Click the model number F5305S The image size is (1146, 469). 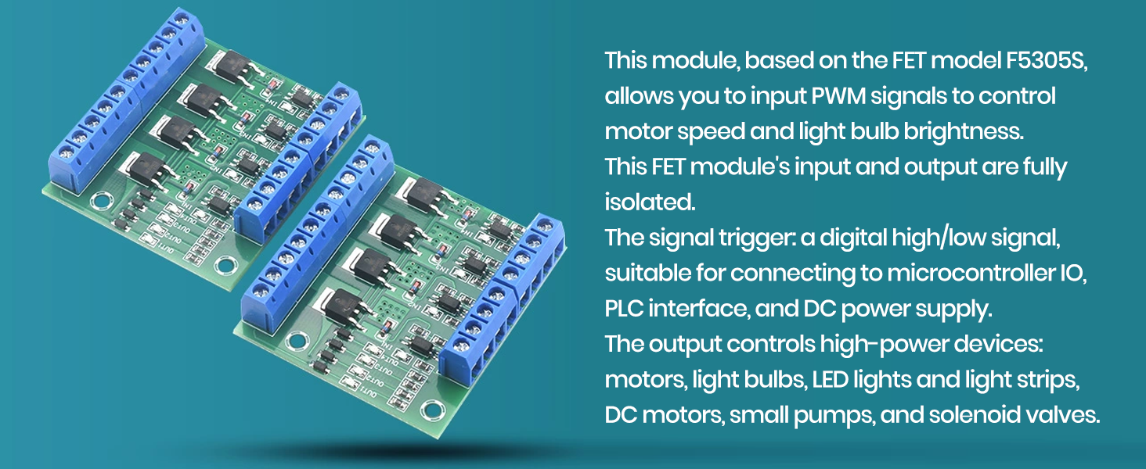pyautogui.click(x=1046, y=60)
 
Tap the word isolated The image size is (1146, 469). pyautogui.click(x=650, y=202)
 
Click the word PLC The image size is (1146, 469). pyautogui.click(x=624, y=308)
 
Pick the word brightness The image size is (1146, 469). pyautogui.click(x=964, y=131)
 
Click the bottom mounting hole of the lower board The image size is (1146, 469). pyautogui.click(x=431, y=410)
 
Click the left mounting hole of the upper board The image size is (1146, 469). pyautogui.click(x=100, y=201)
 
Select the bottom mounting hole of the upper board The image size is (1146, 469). pyautogui.click(x=225, y=264)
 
